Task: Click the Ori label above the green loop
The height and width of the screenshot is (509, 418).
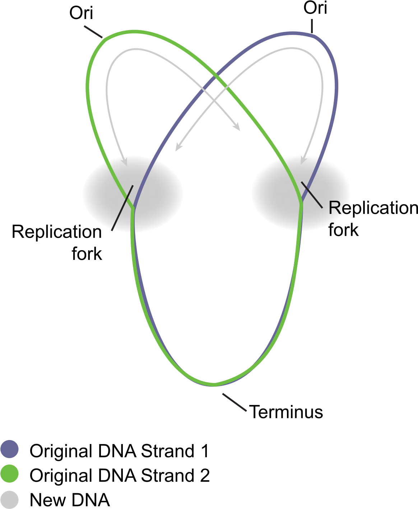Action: pos(81,13)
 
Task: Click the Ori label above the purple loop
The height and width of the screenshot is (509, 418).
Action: pos(315,8)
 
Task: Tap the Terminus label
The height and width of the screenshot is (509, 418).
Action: pos(286,412)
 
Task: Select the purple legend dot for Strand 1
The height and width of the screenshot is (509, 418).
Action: pos(9,449)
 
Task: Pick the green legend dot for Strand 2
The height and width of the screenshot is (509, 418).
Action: pos(9,473)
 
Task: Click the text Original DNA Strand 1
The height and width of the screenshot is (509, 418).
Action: pos(119,450)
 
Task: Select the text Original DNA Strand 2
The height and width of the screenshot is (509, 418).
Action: pos(120,475)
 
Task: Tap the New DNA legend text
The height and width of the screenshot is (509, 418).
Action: pos(70,500)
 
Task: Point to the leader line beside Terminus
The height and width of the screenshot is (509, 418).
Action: pos(234,402)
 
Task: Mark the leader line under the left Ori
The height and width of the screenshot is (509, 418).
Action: pos(93,32)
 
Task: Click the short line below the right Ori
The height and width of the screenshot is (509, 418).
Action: pos(312,26)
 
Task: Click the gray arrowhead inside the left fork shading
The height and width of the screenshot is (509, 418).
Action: pos(124,162)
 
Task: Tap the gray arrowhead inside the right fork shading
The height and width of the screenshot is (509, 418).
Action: pos(303,161)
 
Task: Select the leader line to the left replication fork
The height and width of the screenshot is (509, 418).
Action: pos(122,208)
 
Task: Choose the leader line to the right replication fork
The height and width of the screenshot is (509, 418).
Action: pos(312,195)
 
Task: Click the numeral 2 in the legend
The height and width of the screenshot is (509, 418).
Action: pos(205,475)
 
